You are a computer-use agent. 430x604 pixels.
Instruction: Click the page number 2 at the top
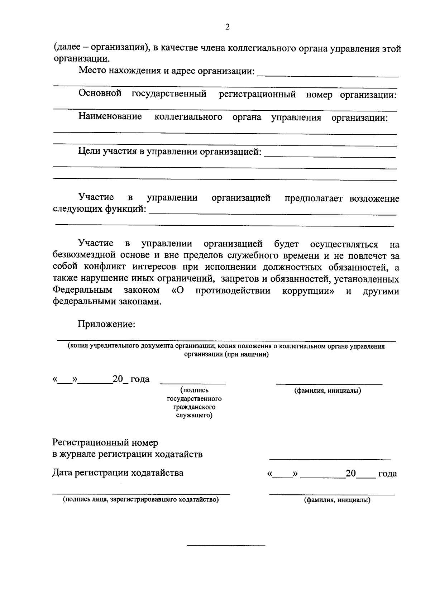227,27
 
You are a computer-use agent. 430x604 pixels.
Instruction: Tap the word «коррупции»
309,291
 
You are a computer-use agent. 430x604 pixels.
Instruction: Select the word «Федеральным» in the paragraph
82,290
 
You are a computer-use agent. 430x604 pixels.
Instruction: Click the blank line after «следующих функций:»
272,214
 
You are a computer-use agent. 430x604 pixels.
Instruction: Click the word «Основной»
100,94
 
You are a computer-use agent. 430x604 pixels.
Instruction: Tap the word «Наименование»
110,117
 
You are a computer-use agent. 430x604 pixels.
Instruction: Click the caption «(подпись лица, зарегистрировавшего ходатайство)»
141,499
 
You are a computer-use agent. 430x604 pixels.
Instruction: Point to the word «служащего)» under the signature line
194,416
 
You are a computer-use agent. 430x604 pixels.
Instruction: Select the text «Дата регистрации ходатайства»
118,473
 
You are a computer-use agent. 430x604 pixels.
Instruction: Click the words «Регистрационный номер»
105,443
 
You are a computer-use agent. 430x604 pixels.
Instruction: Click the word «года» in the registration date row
387,474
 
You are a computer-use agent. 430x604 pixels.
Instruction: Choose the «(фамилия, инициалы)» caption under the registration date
337,500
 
